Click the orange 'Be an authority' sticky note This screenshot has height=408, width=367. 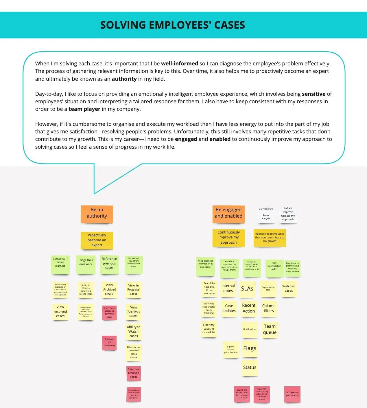pos(97,214)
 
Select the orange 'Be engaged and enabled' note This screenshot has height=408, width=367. pos(228,214)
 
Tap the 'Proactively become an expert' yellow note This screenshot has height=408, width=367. pos(97,240)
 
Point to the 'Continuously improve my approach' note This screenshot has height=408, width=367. pos(228,238)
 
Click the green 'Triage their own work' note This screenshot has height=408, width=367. pos(86,264)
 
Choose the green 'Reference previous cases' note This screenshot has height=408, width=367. pos(109,264)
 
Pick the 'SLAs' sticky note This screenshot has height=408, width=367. pos(247,289)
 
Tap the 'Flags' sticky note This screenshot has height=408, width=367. pos(250,349)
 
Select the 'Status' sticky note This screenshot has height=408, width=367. pos(250,367)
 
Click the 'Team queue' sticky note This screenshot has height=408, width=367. pos(270,330)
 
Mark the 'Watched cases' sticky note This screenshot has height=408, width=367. pos(289,289)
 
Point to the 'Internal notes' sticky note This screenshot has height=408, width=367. pos(228,288)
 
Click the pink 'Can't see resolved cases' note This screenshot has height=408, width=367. pos(134,373)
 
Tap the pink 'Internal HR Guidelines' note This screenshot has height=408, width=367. pos(109,343)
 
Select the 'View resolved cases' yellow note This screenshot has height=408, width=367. pos(60,312)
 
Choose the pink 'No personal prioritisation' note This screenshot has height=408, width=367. pos(292,394)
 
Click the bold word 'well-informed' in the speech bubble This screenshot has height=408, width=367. pos(179,64)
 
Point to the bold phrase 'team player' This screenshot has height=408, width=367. pos(84,109)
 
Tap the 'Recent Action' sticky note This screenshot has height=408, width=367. pos(249,308)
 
